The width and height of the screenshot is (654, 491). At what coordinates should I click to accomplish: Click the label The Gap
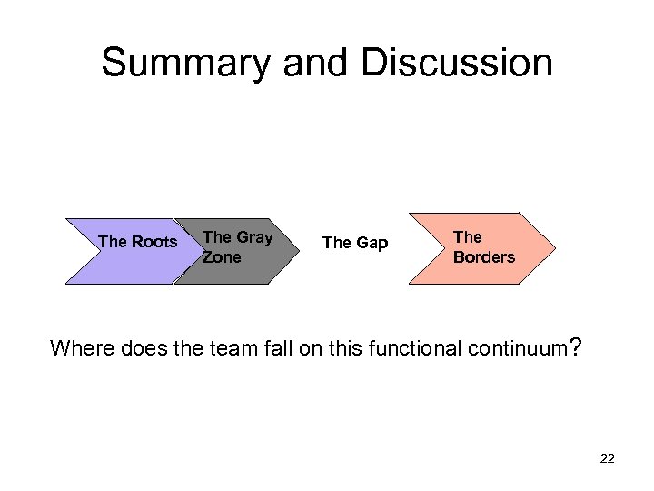355,242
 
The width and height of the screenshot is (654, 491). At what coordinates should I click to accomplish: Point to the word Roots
155,242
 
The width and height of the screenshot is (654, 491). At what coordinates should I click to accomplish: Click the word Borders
484,256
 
